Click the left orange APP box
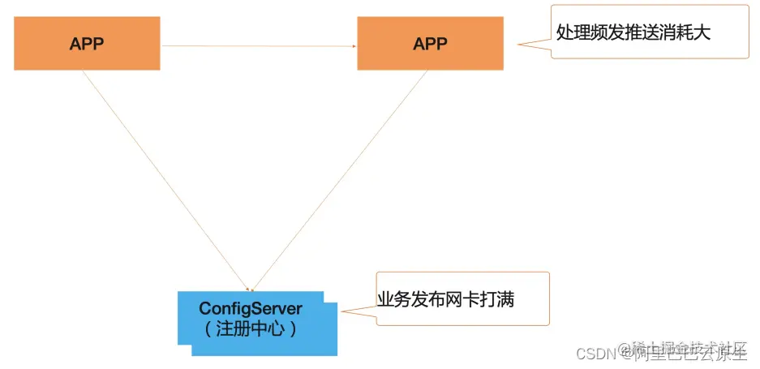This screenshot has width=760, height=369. pos(87,44)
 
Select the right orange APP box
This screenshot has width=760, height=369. pos(430,44)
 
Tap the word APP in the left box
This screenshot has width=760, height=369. pos(87,44)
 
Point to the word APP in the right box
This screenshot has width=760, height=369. pos(430,44)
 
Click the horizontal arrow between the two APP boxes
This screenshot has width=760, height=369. pos(260,46)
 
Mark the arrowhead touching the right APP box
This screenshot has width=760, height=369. pos(354,46)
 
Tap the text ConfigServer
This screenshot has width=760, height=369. pos(251,309)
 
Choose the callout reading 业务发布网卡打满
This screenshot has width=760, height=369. pos(462,299)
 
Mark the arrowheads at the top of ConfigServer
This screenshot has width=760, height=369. pos(252,289)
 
